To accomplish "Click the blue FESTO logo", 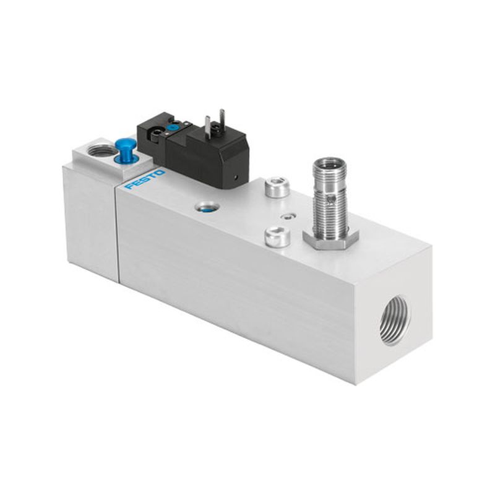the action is point(145,179).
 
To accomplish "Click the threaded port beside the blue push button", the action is point(98,150).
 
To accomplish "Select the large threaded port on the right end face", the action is point(395,320).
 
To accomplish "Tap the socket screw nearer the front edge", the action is point(277,238).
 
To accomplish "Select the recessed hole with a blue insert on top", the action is point(206,207).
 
